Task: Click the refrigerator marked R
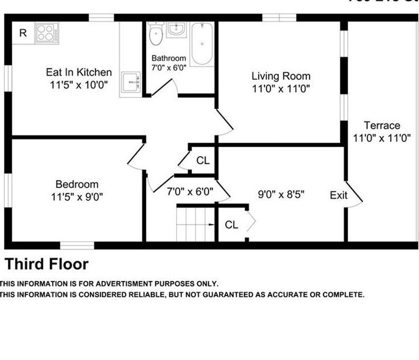click(x=23, y=33)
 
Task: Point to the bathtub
click(x=202, y=43)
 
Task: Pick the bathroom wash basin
click(x=178, y=29)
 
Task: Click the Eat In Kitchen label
click(x=78, y=72)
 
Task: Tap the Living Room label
click(x=281, y=76)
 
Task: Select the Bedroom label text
click(x=77, y=184)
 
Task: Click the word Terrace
click(x=382, y=125)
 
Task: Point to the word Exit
click(x=339, y=195)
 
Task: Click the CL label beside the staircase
click(x=232, y=225)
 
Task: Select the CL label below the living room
click(x=203, y=160)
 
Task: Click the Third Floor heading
click(x=47, y=264)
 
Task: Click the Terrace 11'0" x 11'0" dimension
click(x=382, y=137)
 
